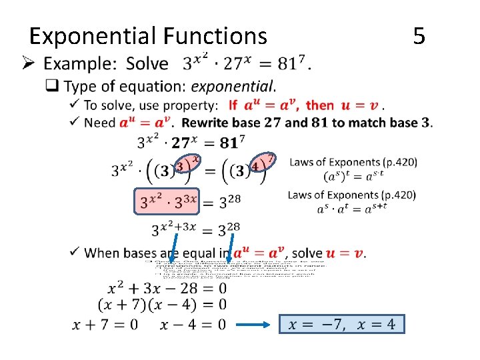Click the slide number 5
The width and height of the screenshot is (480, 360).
pyautogui.click(x=419, y=35)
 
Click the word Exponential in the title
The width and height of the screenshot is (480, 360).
pyautogui.click(x=86, y=35)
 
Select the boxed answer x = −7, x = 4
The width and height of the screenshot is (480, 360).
pyautogui.click(x=342, y=324)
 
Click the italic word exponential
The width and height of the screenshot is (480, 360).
pyautogui.click(x=233, y=86)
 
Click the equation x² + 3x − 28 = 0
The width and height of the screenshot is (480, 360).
pyautogui.click(x=167, y=289)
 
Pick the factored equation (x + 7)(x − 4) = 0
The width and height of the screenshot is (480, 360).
pyautogui.click(x=162, y=305)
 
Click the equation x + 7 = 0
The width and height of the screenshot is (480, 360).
pyautogui.click(x=105, y=324)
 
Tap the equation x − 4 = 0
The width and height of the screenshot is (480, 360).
pyautogui.click(x=193, y=324)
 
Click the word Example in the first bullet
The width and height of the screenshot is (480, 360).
pyautogui.click(x=80, y=64)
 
